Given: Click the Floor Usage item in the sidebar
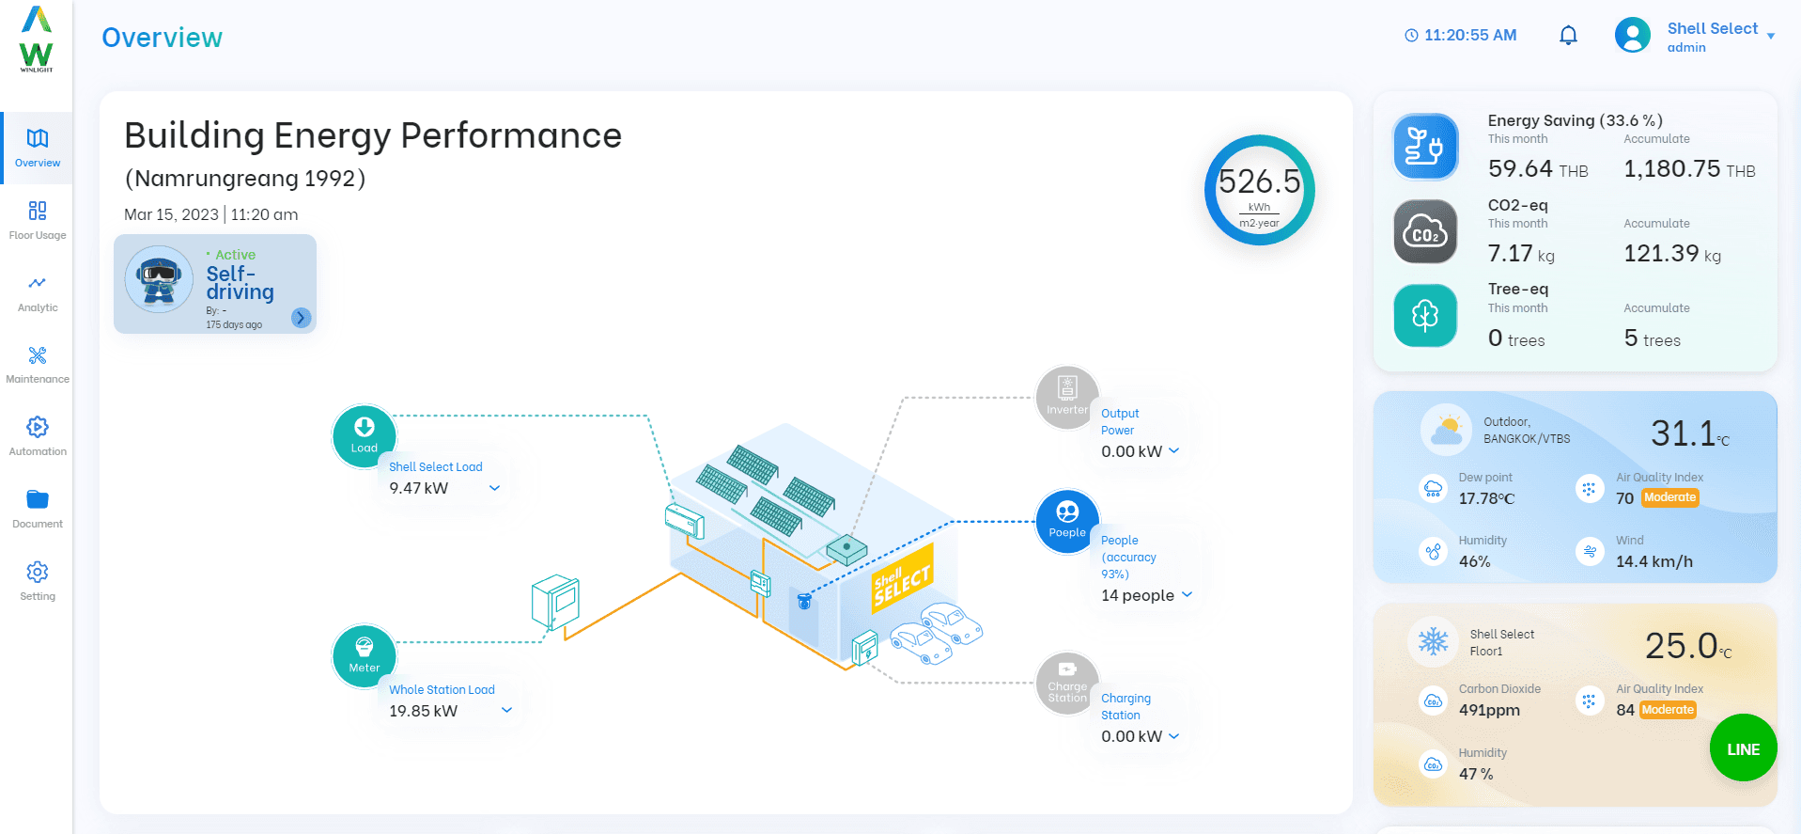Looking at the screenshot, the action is (x=38, y=220).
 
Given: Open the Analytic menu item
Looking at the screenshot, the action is (x=38, y=292).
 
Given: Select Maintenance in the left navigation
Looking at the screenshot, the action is (x=38, y=365).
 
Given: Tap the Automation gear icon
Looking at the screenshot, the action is (x=38, y=427).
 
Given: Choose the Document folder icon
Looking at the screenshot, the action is (x=38, y=499).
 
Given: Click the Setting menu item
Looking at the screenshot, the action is (x=38, y=581).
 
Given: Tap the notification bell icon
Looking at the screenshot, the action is (x=1568, y=36).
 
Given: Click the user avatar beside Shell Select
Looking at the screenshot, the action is (x=1633, y=36).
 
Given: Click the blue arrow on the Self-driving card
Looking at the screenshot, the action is (x=301, y=318).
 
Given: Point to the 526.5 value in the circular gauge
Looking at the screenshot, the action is (x=1260, y=181).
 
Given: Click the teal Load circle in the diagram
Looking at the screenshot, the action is (x=365, y=436).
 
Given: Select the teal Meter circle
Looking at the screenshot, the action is (x=365, y=656).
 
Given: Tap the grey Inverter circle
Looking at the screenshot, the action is (x=1067, y=398).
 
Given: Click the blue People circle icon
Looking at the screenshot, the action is (x=1067, y=522).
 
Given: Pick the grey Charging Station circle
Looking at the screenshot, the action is (x=1067, y=684).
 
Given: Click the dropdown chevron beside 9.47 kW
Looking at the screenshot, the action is (x=495, y=488).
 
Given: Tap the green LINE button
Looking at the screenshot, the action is (x=1744, y=748).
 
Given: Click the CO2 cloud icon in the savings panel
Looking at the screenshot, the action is (x=1425, y=231).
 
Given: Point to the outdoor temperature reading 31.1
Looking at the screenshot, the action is (x=1684, y=433).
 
